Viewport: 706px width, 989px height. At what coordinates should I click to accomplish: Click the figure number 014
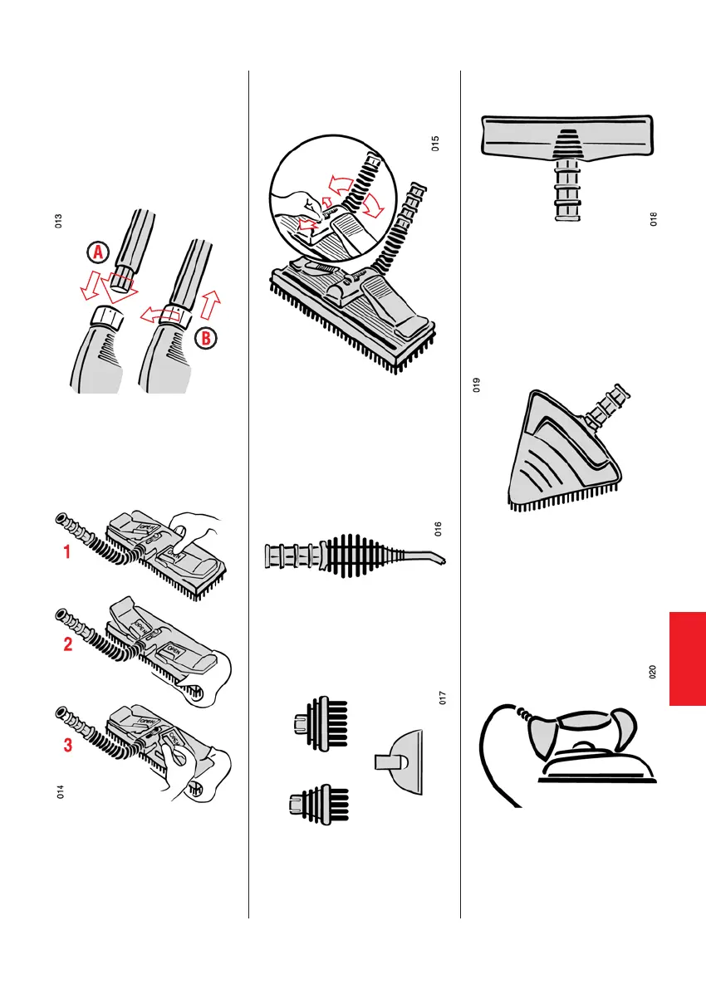coord(60,792)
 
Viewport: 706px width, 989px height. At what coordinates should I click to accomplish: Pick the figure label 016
coord(439,528)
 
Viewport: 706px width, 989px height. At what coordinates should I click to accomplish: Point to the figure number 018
coord(654,219)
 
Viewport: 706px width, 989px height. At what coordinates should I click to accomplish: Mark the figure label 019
coord(477,385)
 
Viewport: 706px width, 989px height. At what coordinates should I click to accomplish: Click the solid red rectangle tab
coord(687,659)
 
